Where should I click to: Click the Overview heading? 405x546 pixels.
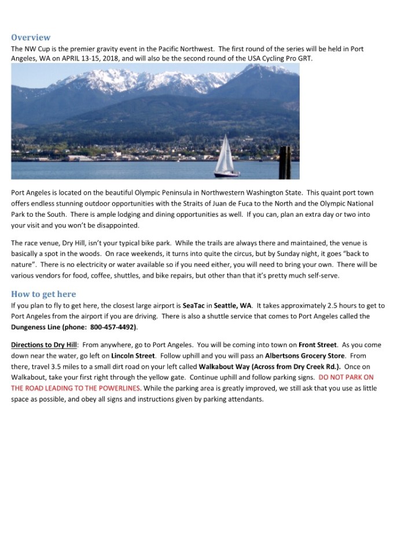point(31,38)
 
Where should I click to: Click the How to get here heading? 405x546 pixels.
point(43,294)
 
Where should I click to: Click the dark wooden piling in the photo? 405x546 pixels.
point(284,162)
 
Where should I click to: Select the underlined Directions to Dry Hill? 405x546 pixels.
point(43,344)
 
